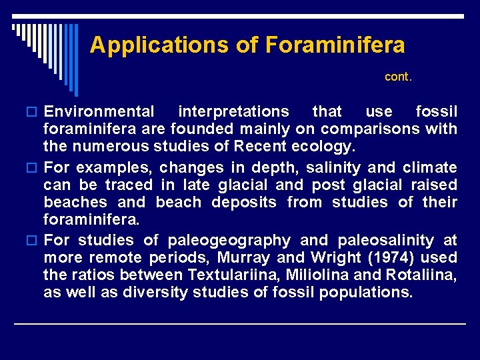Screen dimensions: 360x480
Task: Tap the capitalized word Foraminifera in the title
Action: [335, 45]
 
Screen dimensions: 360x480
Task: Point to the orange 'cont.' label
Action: [399, 77]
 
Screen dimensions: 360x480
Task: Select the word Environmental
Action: [99, 111]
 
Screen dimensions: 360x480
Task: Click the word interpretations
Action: [233, 111]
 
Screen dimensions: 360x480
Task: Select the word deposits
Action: [244, 202]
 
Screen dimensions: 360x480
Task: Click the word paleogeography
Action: [229, 241]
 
